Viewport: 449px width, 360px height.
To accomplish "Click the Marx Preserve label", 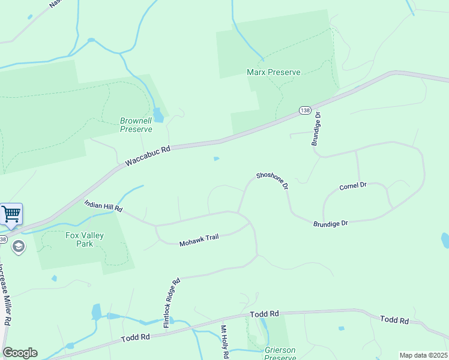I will (x=273, y=72).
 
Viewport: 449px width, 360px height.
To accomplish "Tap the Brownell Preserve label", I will (x=136, y=124).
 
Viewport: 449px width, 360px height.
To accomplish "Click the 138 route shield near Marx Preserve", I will (x=305, y=111).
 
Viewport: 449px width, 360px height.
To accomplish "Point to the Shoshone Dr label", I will (x=273, y=181).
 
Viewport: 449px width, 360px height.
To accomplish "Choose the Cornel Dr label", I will (x=352, y=186).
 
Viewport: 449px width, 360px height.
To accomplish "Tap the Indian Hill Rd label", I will (x=103, y=207).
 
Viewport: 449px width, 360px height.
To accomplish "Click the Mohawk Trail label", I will (x=199, y=239).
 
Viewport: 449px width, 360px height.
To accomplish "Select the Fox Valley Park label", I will (x=85, y=239).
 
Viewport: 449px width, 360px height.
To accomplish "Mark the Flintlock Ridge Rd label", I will (x=172, y=302).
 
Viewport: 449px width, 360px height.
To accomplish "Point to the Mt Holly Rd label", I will (x=224, y=341).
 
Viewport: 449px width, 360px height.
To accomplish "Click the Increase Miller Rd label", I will (x=5, y=294).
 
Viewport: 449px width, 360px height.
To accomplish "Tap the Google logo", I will (x=20, y=353).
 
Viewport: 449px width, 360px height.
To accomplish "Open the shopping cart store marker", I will (x=11, y=214).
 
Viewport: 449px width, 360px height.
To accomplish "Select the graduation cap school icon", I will (x=19, y=247).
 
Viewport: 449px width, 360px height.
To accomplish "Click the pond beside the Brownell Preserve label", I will (x=158, y=114).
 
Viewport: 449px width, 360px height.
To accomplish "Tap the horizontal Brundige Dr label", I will (x=330, y=223).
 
